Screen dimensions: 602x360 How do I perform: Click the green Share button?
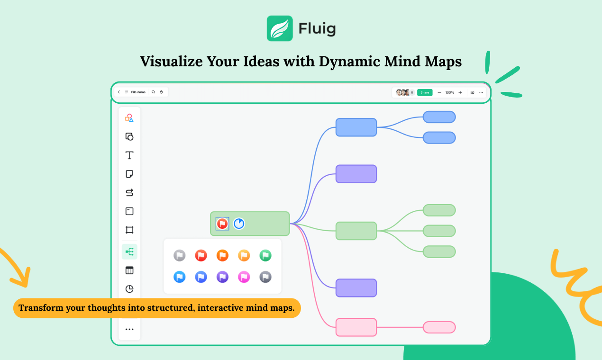(425, 92)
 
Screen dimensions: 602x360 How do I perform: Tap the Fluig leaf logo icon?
(280, 28)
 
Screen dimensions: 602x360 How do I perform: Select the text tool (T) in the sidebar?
(129, 155)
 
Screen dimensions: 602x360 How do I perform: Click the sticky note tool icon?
(129, 174)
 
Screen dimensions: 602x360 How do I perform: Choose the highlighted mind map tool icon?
(129, 252)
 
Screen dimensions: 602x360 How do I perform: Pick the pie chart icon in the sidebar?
(129, 289)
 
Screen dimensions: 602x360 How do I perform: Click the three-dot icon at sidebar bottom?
(129, 329)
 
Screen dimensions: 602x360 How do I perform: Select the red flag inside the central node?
(222, 224)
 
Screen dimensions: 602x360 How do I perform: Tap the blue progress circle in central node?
(238, 224)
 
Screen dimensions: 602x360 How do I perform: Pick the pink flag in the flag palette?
(244, 277)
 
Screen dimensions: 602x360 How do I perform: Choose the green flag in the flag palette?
(265, 255)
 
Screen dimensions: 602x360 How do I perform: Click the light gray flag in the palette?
(179, 255)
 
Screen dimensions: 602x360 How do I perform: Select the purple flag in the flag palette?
(222, 277)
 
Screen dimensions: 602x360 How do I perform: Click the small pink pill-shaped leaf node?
(439, 327)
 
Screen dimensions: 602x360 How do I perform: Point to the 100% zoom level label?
(450, 92)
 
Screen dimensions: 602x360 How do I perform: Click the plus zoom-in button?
(460, 92)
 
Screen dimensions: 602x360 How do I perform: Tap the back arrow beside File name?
(119, 92)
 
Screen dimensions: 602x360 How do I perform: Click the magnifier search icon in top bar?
(153, 92)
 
